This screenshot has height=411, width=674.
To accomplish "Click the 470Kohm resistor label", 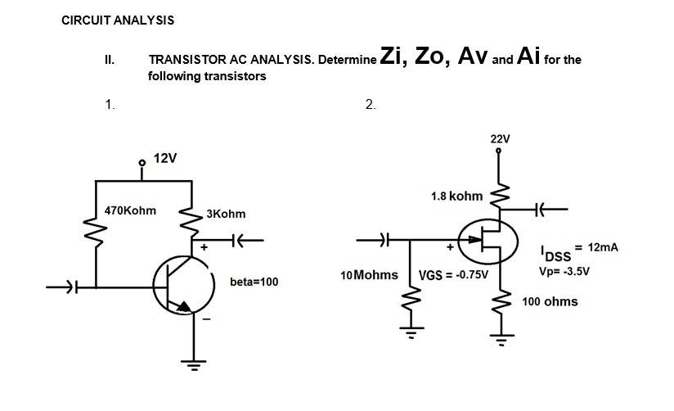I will tap(131, 210).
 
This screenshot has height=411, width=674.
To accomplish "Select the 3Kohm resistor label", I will tap(226, 215).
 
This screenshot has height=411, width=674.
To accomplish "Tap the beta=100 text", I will tap(254, 282).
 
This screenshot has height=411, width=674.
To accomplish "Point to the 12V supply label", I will tap(166, 157).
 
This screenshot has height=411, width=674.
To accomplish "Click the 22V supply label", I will tap(500, 138).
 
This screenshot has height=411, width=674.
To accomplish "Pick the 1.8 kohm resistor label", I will tap(456, 196).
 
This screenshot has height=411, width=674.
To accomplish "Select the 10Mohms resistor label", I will tap(367, 273).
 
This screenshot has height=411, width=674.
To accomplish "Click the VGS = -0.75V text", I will tap(453, 274).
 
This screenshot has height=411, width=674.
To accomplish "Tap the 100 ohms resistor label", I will tap(550, 301).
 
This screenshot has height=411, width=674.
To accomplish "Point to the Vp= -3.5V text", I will tap(564, 269).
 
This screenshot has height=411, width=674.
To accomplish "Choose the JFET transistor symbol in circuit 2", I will tap(488, 240).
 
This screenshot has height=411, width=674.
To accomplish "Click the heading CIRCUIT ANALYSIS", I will tap(118, 20).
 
